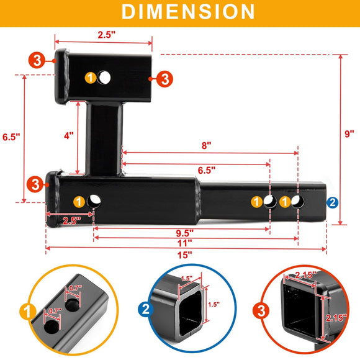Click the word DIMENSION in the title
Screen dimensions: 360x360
click(x=179, y=12)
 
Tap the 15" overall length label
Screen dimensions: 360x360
click(x=184, y=254)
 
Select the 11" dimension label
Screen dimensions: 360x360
click(x=184, y=243)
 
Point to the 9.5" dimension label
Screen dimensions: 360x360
click(x=184, y=233)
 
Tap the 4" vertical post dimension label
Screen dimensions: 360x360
click(x=68, y=135)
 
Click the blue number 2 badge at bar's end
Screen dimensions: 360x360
click(x=333, y=202)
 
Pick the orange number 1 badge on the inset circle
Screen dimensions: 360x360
click(x=27, y=309)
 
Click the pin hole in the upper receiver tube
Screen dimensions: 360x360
click(x=105, y=78)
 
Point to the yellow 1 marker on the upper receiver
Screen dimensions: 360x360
click(x=91, y=78)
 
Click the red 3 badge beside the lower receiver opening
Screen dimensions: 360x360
click(x=35, y=184)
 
